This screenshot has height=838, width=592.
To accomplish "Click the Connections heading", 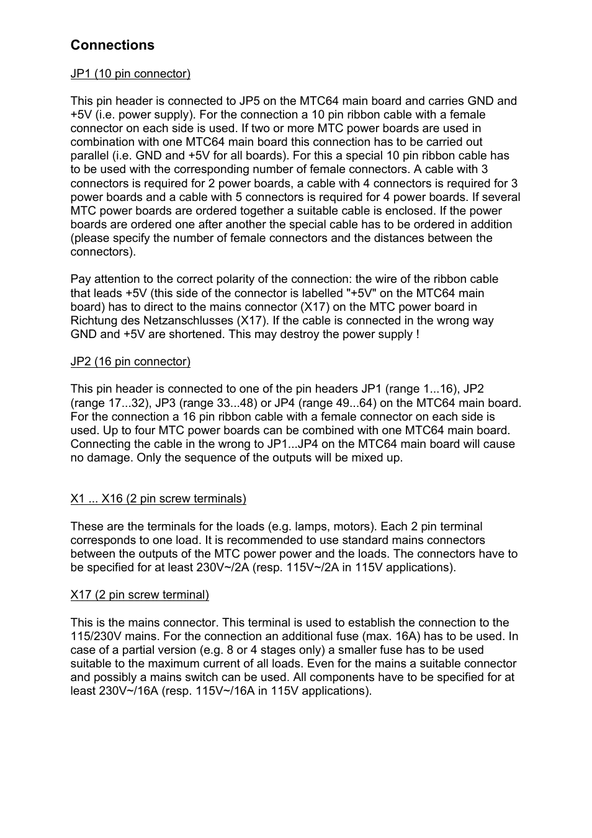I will (x=112, y=45).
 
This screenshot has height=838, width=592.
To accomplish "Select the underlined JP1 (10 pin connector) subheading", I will (x=130, y=74).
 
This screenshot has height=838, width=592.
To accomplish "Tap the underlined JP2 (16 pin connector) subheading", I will (x=130, y=362).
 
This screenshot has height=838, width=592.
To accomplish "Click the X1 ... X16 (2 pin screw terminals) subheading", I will (x=158, y=499).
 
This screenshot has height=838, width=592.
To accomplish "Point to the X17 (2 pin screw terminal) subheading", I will (x=140, y=595).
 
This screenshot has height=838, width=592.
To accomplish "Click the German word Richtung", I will (x=92, y=321).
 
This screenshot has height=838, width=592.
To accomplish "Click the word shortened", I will (x=191, y=334).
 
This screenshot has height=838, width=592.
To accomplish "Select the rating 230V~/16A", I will (x=128, y=691).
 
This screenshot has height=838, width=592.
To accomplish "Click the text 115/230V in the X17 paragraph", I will (x=94, y=636).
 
